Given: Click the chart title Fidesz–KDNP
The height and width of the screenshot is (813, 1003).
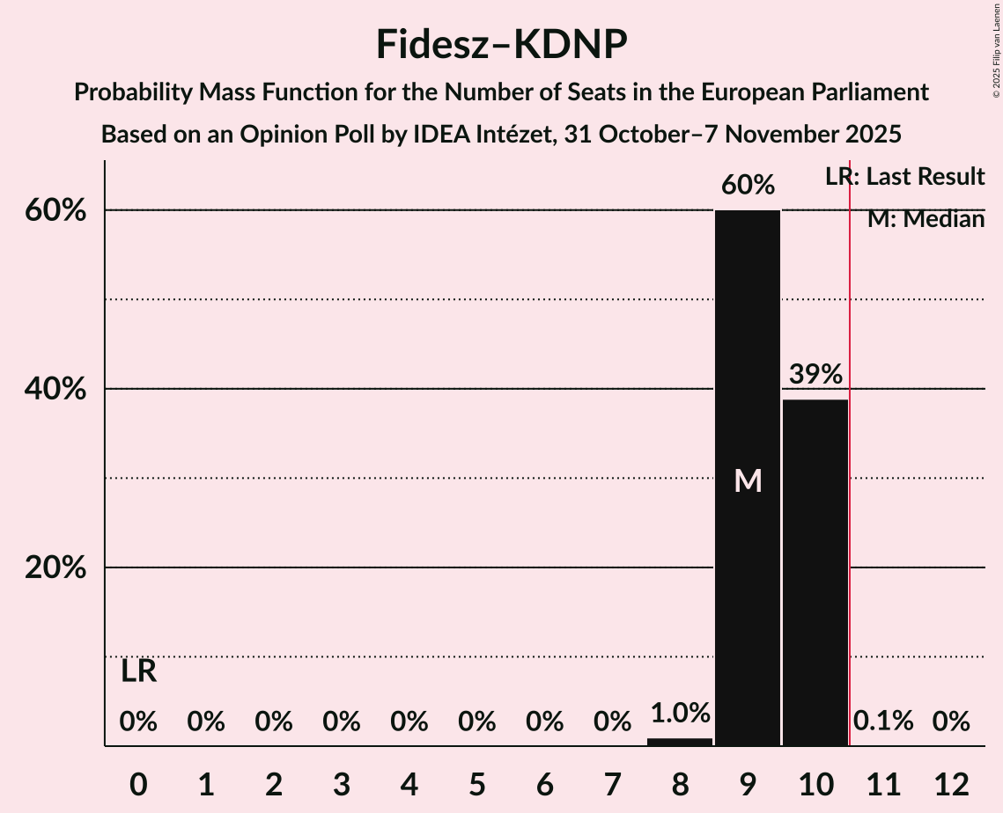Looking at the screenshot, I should pyautogui.click(x=501, y=44).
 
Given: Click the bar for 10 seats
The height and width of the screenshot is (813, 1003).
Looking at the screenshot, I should pyautogui.click(x=815, y=572).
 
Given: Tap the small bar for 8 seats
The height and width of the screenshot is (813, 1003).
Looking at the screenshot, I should pyautogui.click(x=680, y=742).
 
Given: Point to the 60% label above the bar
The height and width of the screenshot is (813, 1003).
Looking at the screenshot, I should pyautogui.click(x=748, y=186).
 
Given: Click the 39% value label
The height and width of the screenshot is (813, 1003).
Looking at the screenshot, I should pyautogui.click(x=815, y=375).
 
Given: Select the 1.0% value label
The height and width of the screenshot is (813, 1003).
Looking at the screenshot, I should pyautogui.click(x=680, y=713).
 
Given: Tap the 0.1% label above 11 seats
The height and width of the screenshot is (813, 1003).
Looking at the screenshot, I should pyautogui.click(x=883, y=722).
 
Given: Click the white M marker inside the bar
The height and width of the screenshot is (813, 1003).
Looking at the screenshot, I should pyautogui.click(x=748, y=480).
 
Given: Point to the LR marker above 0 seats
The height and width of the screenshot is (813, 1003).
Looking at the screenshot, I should pyautogui.click(x=138, y=671).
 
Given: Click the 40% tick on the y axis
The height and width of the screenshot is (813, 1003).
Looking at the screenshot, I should pyautogui.click(x=55, y=389).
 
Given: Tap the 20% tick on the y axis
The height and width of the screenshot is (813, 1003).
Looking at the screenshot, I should pyautogui.click(x=55, y=568).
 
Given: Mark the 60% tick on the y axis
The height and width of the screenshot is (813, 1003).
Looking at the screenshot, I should pyautogui.click(x=55, y=210).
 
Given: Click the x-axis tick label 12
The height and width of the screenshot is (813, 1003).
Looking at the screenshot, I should pyautogui.click(x=951, y=784).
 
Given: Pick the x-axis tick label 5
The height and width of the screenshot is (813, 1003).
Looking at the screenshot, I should pyautogui.click(x=476, y=784).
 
